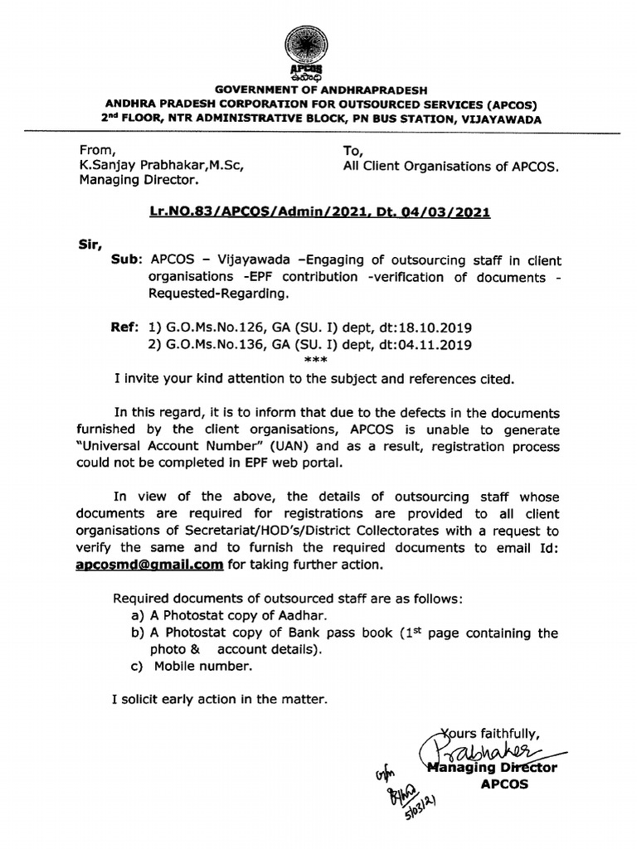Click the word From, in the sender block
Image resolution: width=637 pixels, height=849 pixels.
click(95, 149)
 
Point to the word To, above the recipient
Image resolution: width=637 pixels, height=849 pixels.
click(353, 149)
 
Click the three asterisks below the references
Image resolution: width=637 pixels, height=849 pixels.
click(316, 360)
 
